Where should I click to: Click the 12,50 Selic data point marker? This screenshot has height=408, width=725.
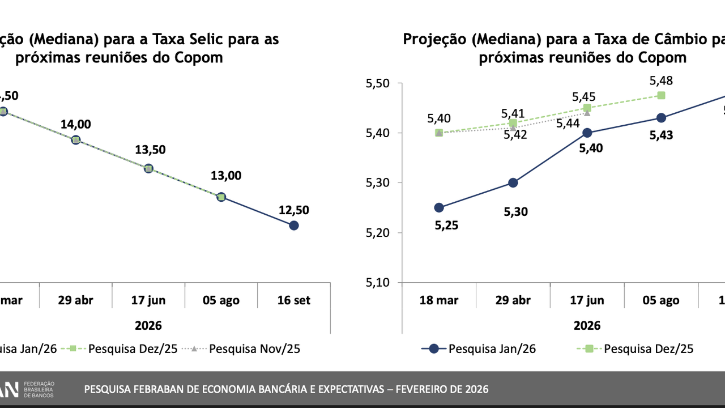(293, 226)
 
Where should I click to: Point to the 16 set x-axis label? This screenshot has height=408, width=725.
(294, 300)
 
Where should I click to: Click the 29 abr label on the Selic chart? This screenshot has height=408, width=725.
(75, 300)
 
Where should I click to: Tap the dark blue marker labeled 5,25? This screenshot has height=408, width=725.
(439, 207)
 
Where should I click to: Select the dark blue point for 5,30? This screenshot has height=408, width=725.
(513, 182)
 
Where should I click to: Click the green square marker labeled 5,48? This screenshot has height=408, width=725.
(661, 95)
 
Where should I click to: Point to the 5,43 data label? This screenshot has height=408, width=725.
(661, 136)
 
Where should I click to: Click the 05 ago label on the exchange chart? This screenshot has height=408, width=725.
(661, 300)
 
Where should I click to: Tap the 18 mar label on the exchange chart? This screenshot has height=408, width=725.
(439, 300)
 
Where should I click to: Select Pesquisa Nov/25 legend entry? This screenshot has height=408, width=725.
(254, 348)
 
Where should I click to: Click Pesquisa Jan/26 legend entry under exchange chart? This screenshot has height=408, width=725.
(492, 348)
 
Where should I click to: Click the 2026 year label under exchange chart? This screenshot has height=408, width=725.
(587, 326)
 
